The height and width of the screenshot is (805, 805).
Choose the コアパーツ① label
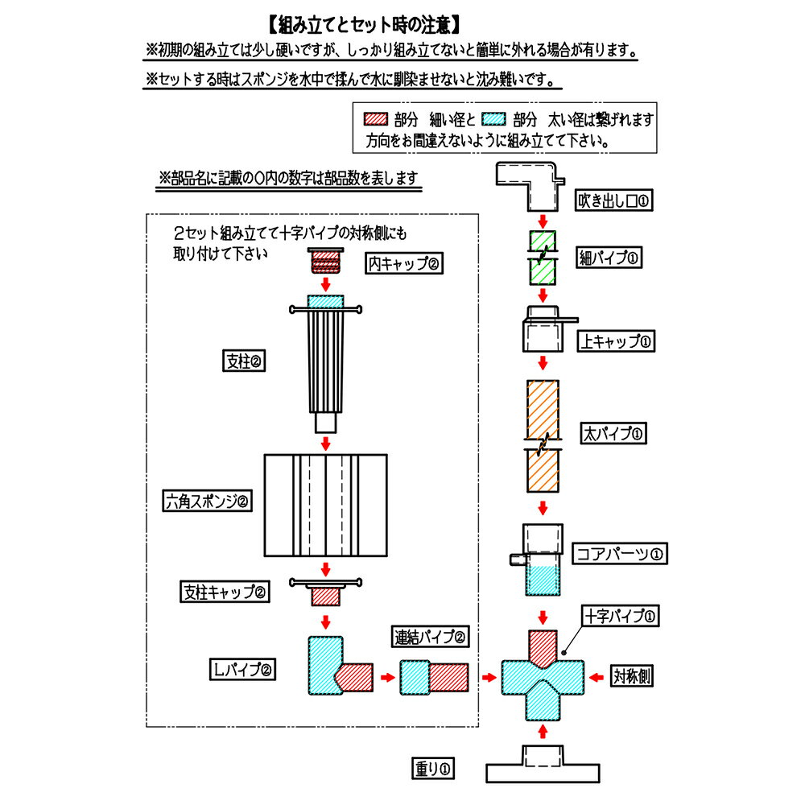tap(621, 554)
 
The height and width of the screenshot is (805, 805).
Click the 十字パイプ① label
tap(621, 617)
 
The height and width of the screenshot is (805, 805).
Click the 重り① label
tap(433, 770)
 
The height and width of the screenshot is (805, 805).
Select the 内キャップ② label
tap(405, 263)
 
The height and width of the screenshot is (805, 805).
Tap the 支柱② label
tap(245, 361)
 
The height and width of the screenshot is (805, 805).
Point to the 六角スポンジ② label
tap(208, 502)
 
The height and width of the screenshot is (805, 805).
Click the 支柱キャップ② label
tap(225, 592)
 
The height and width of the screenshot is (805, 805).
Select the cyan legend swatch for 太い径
tap(494, 119)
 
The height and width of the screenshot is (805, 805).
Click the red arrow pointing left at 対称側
tap(597, 676)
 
